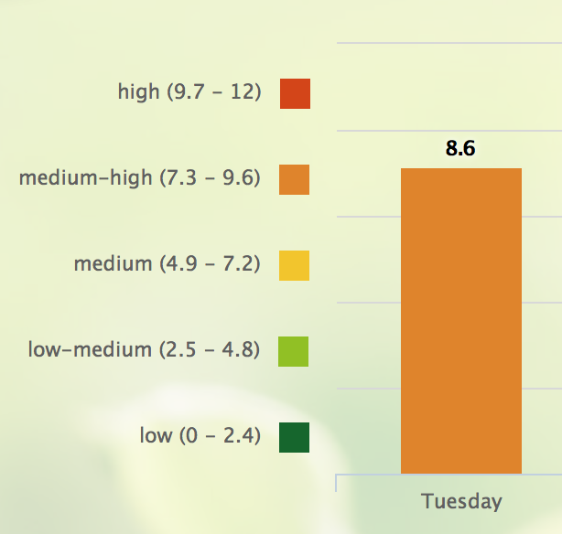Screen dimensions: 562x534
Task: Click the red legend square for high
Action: pyautogui.click(x=295, y=93)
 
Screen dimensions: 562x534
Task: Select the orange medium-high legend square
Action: pyautogui.click(x=294, y=179)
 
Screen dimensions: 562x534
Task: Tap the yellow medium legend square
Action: pyautogui.click(x=294, y=265)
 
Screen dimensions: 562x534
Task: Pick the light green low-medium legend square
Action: pyautogui.click(x=293, y=351)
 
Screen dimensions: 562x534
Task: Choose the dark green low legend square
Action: pyautogui.click(x=294, y=437)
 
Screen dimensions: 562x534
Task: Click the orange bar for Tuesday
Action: pyautogui.click(x=461, y=321)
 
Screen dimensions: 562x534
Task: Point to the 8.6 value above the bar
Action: pyautogui.click(x=460, y=148)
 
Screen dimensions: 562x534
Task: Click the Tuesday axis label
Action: pyautogui.click(x=461, y=501)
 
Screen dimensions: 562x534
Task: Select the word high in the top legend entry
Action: pyautogui.click(x=139, y=92)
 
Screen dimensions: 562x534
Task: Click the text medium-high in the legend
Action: pyautogui.click(x=86, y=178)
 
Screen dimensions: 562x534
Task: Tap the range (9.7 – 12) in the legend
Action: pyautogui.click(x=214, y=92)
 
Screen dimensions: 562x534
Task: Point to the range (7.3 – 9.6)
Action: pyautogui.click(x=210, y=178)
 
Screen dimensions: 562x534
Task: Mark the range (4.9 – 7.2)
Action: pyautogui.click(x=210, y=264)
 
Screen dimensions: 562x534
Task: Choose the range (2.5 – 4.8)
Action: pyautogui.click(x=210, y=350)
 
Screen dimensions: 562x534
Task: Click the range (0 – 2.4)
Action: pyautogui.click(x=220, y=436)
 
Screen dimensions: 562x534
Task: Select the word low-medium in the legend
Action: pyautogui.click(x=90, y=349)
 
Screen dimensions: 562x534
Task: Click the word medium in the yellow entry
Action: pyautogui.click(x=113, y=263)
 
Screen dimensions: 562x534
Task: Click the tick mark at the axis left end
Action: pyautogui.click(x=336, y=483)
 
